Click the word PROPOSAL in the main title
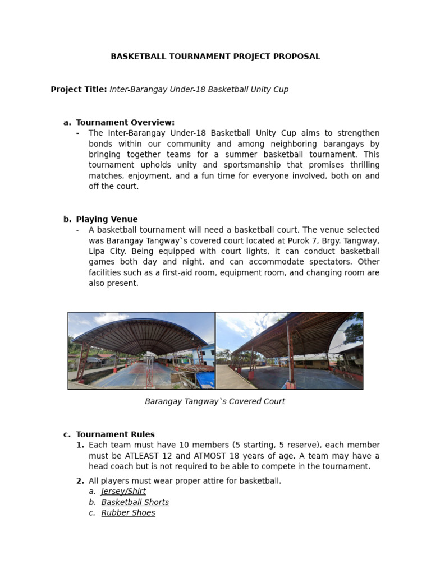point(297,57)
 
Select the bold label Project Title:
point(79,90)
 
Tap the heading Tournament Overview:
point(125,122)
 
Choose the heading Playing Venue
point(107,219)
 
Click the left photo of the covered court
point(141,351)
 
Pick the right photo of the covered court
point(290,351)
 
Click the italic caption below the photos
point(215,401)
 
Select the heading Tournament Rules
point(115,434)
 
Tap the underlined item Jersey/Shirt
point(123,492)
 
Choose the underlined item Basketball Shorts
point(135,502)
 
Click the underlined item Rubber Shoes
point(128,513)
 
